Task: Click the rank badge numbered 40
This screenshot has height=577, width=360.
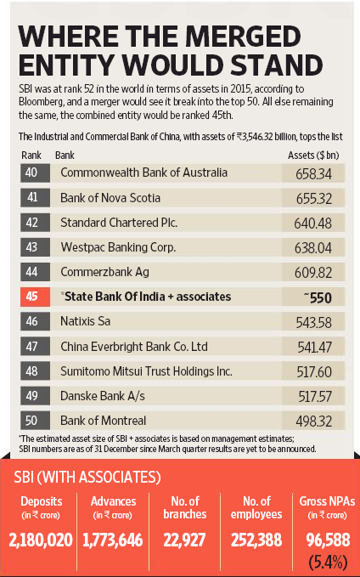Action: click(32, 173)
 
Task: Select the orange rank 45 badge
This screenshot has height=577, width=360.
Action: click(32, 297)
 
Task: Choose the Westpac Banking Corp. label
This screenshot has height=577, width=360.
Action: click(119, 247)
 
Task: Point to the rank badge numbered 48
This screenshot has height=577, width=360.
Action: click(32, 371)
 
